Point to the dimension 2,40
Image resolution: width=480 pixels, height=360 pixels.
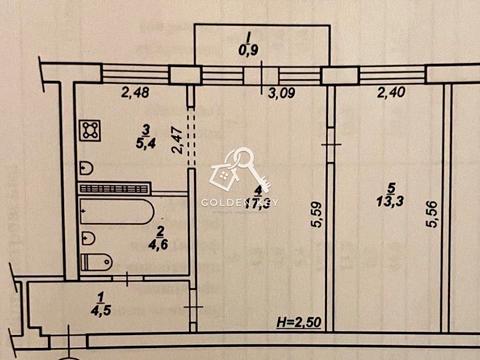point(390,95)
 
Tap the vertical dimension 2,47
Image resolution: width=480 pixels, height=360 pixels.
point(177,135)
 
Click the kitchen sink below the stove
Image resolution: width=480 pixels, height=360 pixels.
point(88,166)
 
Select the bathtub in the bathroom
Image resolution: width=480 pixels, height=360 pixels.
point(117,213)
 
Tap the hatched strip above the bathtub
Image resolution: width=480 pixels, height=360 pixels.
point(114,188)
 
